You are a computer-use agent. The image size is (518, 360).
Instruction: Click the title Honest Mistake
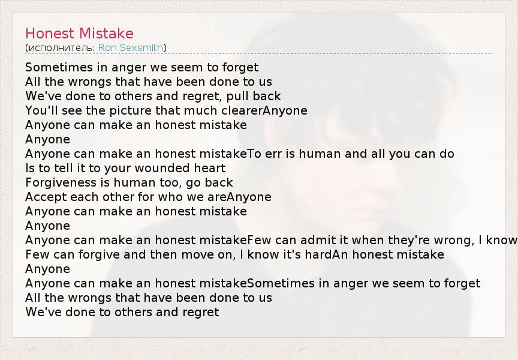79,34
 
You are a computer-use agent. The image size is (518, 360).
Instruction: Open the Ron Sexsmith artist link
131,47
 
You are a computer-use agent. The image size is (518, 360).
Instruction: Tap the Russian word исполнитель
62,48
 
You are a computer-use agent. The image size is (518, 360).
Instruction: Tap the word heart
210,168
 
